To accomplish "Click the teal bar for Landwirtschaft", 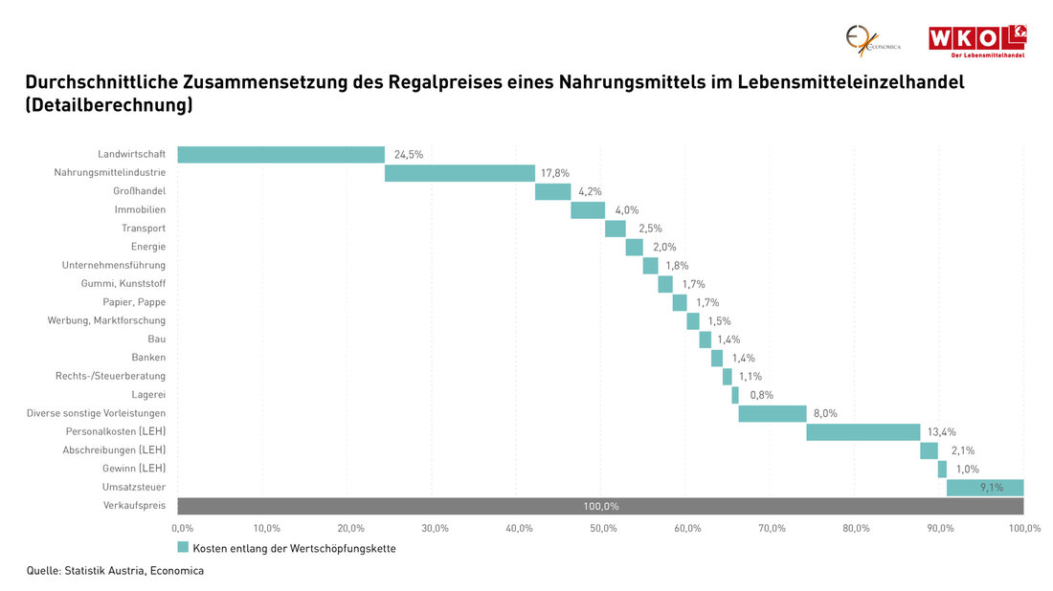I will pos(280,154).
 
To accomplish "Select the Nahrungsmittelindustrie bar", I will pos(459,173).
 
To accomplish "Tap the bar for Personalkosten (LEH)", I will pos(863,432).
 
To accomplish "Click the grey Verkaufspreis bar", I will pos(600,506).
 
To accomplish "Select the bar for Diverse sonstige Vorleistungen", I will pos(772,413).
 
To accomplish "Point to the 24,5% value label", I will pos(408,154).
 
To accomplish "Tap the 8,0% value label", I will pos(825,413).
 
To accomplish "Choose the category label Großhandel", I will pos(140,191).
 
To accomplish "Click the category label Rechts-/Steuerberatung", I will pos(110,376).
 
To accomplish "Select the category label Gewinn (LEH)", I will pos(134,469).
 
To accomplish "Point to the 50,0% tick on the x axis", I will pos(604,528).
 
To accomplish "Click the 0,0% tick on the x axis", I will pos(182,528).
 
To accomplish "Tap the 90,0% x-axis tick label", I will pos(941,528).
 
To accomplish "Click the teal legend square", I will pos(183,548).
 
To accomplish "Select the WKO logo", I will pos(976,41).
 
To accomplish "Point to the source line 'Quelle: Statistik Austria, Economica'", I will pos(115,571).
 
